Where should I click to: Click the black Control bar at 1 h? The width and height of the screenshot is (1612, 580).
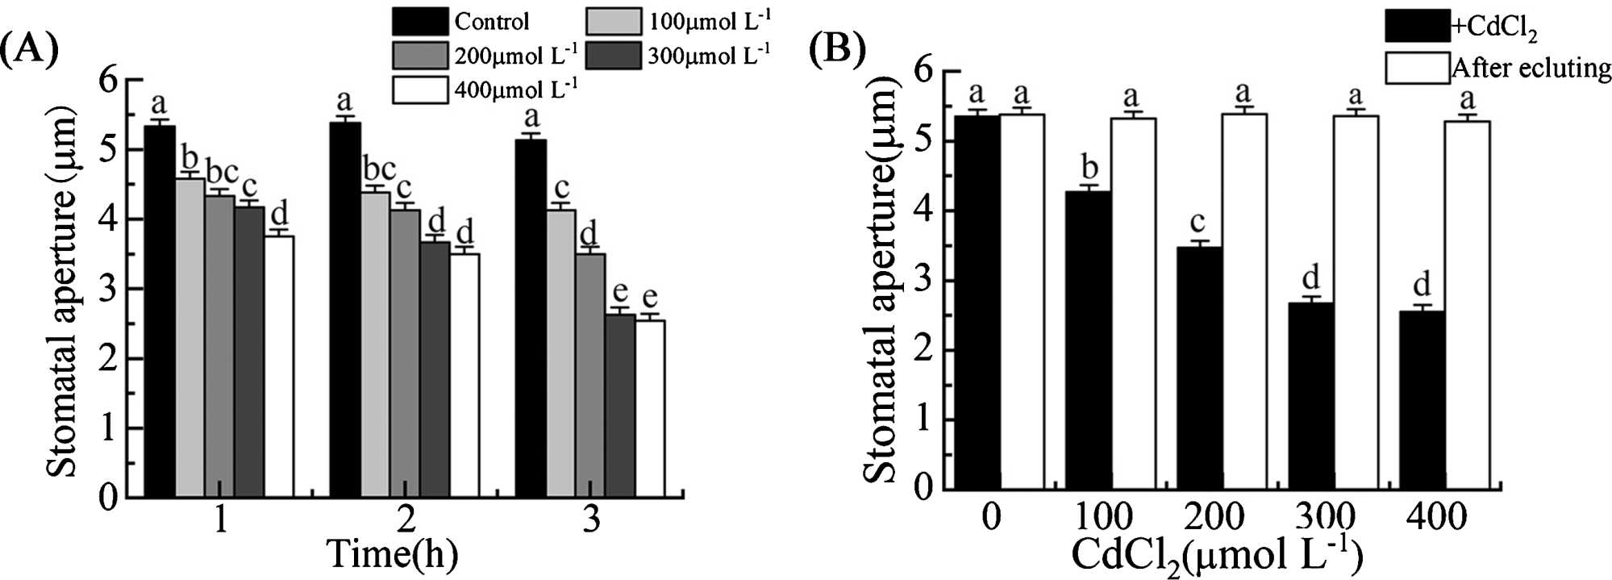tap(160, 311)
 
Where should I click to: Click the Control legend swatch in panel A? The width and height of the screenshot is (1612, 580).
tap(419, 21)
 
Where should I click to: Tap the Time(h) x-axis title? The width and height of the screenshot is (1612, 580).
tap(392, 554)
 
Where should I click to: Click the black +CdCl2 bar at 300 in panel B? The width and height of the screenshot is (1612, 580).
tap(1310, 395)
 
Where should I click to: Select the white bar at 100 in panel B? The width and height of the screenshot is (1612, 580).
tap(1133, 303)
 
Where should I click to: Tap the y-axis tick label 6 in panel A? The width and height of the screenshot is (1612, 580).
tap(109, 80)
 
